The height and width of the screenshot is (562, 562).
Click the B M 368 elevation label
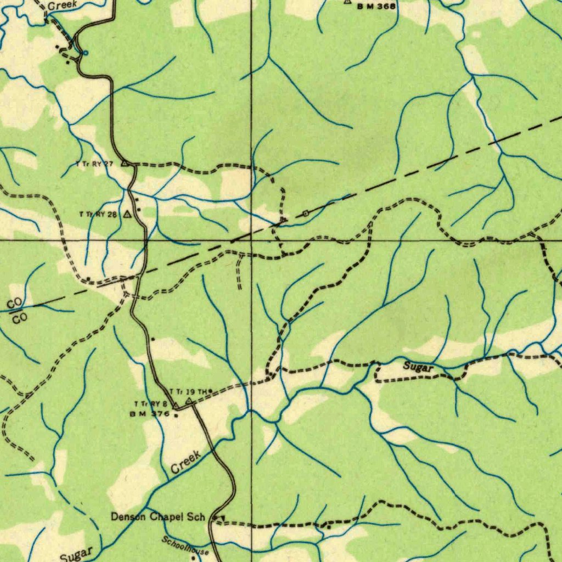(376, 7)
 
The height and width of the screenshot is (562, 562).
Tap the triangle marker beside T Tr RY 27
(125, 163)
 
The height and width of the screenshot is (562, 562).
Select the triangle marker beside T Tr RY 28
(127, 214)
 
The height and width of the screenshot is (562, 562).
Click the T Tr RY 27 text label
(94, 164)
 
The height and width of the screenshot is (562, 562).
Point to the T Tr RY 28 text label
(98, 214)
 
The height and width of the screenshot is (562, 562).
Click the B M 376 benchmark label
(150, 414)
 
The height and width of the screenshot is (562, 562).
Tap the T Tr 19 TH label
(188, 391)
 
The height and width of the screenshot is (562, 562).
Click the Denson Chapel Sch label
(158, 516)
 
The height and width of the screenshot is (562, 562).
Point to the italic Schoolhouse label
(185, 545)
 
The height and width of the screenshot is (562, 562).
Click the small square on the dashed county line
(305, 212)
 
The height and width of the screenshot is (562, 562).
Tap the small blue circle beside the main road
(85, 53)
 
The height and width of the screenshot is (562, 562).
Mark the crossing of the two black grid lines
(251, 240)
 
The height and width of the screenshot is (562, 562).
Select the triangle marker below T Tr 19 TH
(189, 401)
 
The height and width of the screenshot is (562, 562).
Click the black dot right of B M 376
(176, 415)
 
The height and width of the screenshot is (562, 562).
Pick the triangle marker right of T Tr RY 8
(175, 405)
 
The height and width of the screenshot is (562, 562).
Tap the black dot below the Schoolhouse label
(193, 557)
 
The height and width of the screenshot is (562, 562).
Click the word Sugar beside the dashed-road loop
(419, 367)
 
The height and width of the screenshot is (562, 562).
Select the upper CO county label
(15, 303)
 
